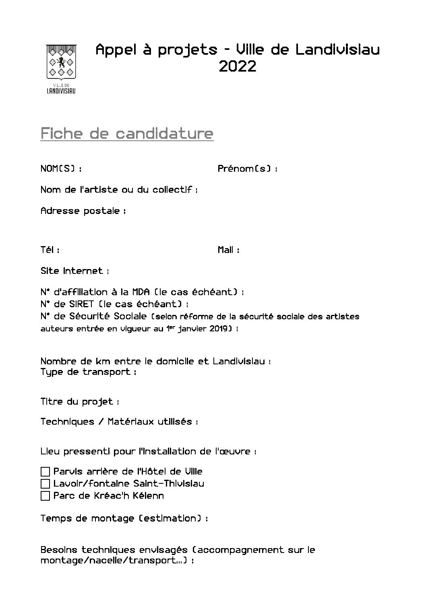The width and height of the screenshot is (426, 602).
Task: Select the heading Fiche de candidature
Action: pos(127,133)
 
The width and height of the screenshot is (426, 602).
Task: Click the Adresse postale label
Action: pos(83,211)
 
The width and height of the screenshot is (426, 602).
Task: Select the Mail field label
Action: pos(228,250)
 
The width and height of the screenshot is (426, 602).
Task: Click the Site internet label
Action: pos(74,271)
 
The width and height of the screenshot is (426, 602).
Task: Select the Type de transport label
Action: pos(88,372)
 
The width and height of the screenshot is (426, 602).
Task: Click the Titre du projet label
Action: pos(80,402)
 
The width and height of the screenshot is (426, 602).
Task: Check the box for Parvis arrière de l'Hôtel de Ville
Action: pos(45,471)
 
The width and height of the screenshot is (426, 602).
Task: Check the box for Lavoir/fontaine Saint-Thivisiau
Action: pos(45,483)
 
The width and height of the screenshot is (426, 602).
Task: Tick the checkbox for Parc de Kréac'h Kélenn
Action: pos(45,495)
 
